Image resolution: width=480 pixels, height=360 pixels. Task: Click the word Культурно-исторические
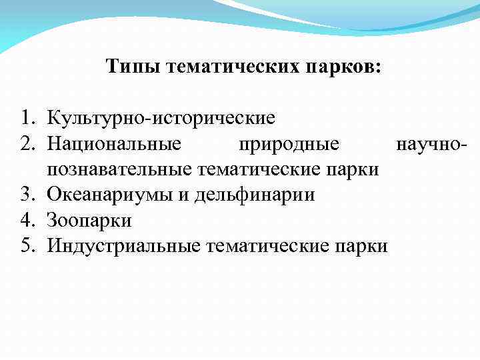[x=161, y=119]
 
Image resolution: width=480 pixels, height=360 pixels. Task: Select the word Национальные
[x=114, y=145]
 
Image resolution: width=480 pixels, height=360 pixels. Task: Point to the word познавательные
[x=119, y=170]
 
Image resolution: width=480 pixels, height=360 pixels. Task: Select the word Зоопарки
[x=89, y=221]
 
